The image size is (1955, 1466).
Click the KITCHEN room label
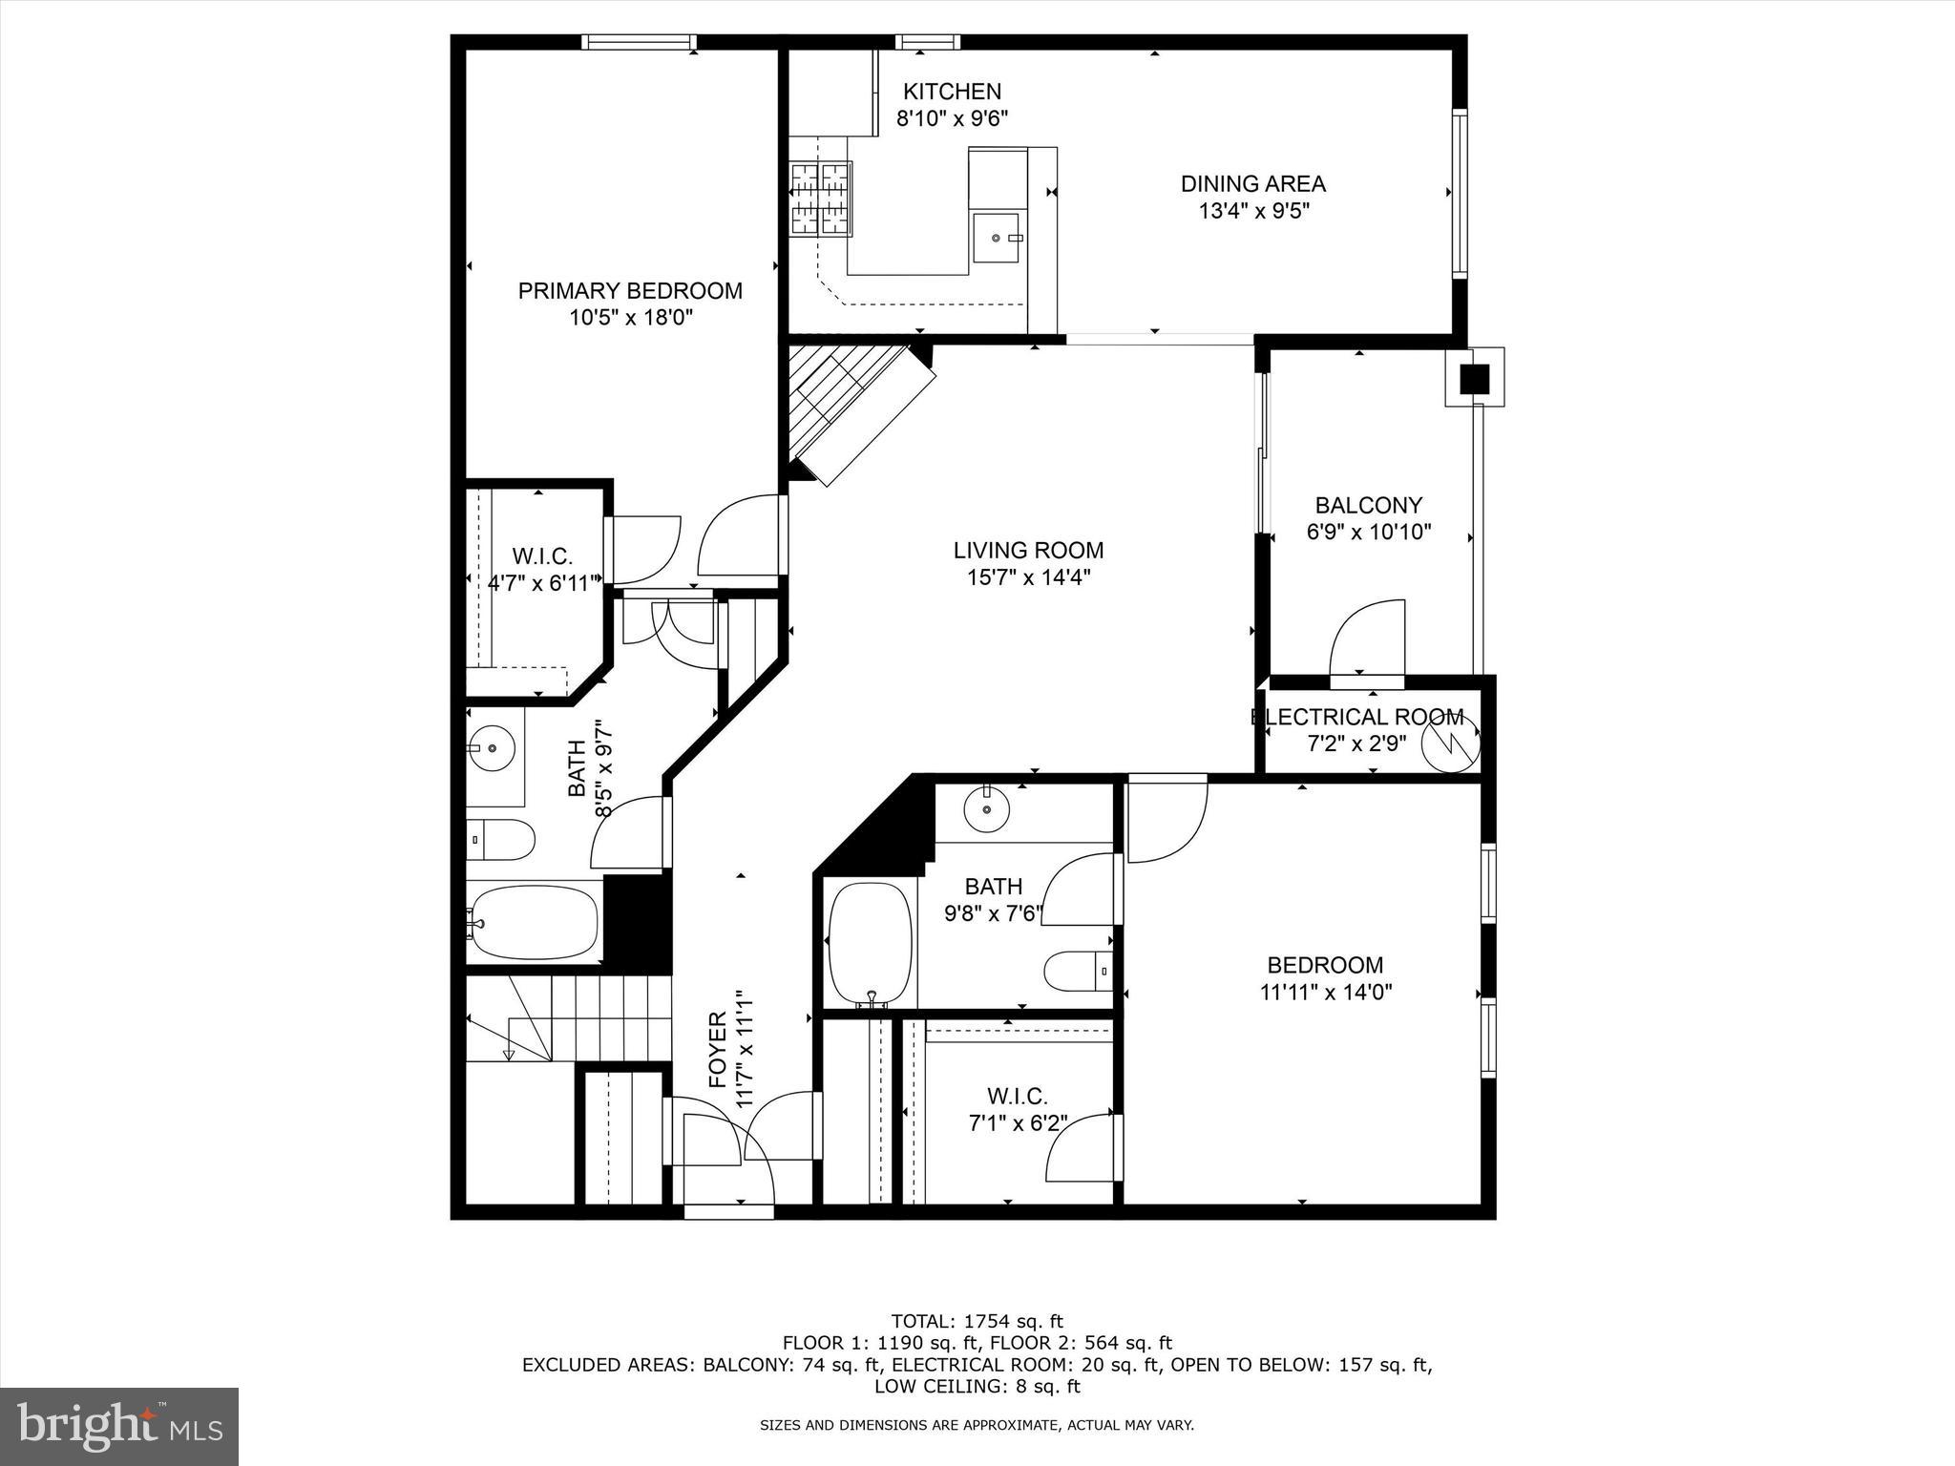tap(952, 92)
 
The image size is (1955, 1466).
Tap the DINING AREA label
tap(1252, 183)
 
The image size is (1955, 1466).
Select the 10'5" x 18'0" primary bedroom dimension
tap(630, 318)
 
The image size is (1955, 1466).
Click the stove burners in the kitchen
tap(820, 199)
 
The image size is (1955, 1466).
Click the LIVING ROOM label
tap(1028, 550)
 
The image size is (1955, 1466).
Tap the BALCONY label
tap(1368, 505)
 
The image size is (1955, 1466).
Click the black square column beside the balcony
tap(1475, 380)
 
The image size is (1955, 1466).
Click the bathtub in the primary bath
tap(535, 922)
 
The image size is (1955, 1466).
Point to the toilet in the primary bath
tap(502, 840)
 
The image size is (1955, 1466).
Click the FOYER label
tap(718, 1050)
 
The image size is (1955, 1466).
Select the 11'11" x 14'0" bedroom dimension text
tap(1325, 993)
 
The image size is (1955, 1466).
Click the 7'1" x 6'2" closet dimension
tap(1018, 1123)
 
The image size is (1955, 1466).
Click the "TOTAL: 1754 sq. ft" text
tap(977, 1322)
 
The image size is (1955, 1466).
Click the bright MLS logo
tap(119, 1426)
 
